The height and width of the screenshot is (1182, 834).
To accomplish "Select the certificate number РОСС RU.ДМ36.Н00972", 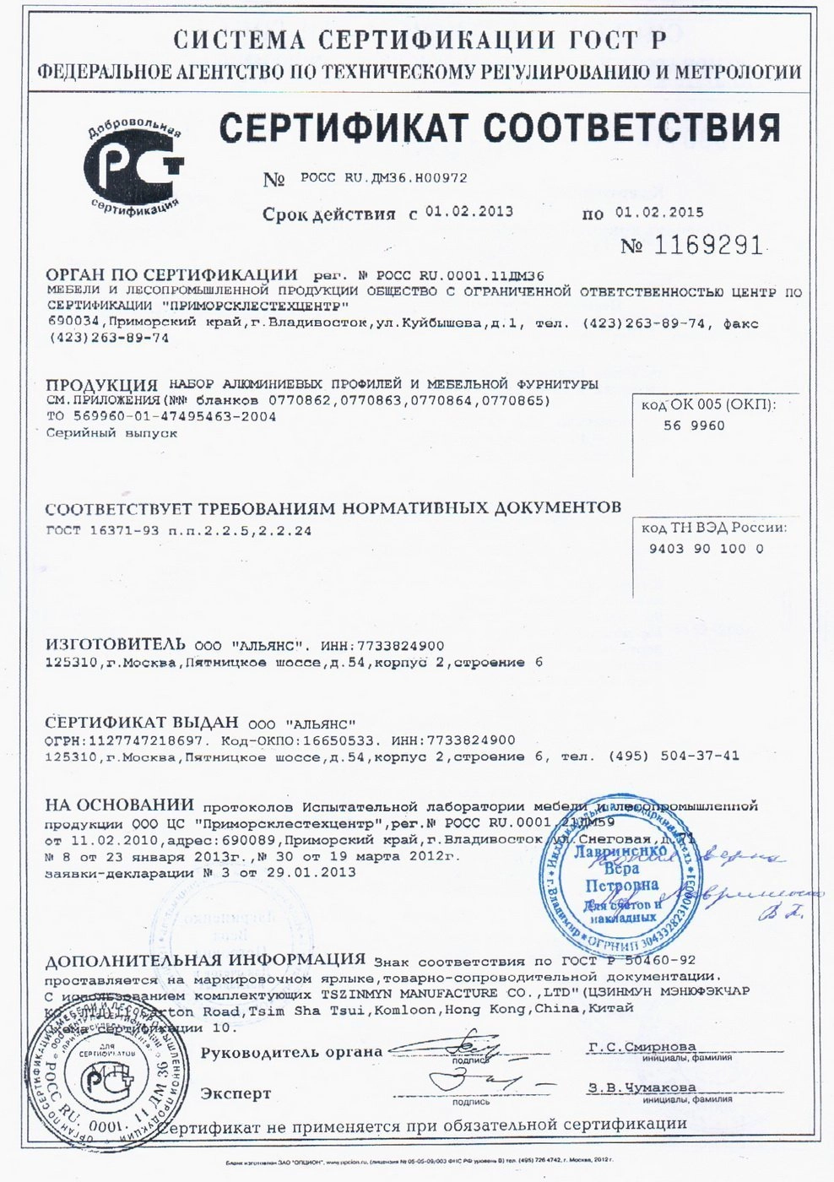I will pyautogui.click(x=383, y=178).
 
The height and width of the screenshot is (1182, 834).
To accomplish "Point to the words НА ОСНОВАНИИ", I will pyautogui.click(x=120, y=805).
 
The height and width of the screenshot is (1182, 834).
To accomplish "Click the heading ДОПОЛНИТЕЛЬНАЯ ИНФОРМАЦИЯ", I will pyautogui.click(x=205, y=960).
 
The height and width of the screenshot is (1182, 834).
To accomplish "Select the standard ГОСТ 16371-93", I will pyautogui.click(x=100, y=531).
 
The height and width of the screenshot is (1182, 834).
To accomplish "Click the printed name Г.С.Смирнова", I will pyautogui.click(x=642, y=1047).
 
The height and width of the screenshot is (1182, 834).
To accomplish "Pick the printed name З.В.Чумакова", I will pyautogui.click(x=642, y=1087).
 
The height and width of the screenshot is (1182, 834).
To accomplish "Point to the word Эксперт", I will pyautogui.click(x=236, y=1093).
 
